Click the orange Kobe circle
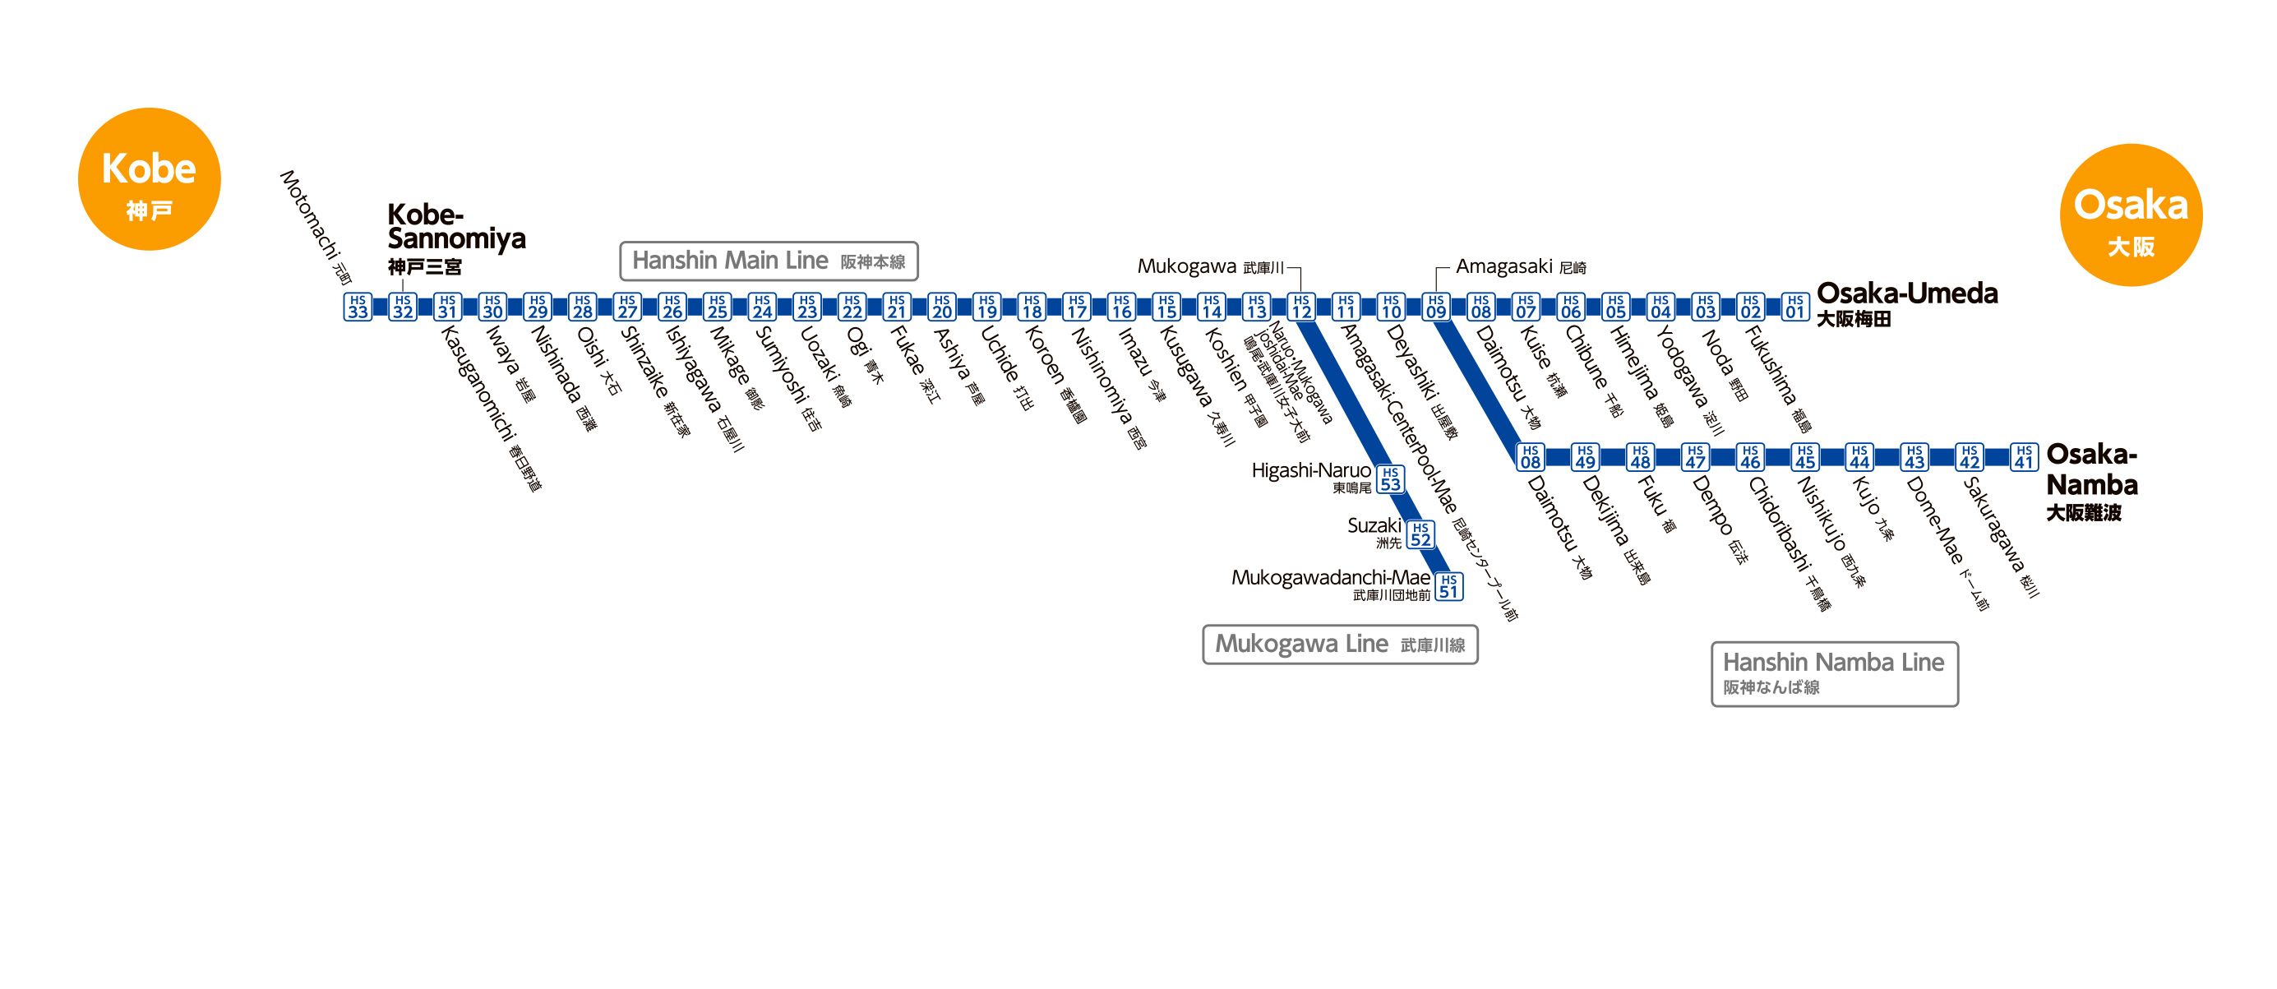pyautogui.click(x=149, y=179)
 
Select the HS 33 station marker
pyautogui.click(x=357, y=307)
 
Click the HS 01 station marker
pyautogui.click(x=1794, y=307)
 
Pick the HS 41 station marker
pyautogui.click(x=2024, y=457)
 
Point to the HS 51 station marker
pyautogui.click(x=1448, y=587)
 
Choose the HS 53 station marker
pyautogui.click(x=1390, y=479)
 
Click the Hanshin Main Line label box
pyautogui.click(x=768, y=261)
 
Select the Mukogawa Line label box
pyautogui.click(x=1339, y=645)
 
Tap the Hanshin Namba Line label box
pyautogui.click(x=1834, y=673)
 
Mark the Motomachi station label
pyautogui.click(x=315, y=226)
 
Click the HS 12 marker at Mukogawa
pyautogui.click(x=1301, y=307)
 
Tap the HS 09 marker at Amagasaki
pyautogui.click(x=1435, y=307)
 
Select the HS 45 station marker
pyautogui.click(x=1805, y=457)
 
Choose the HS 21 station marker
pyautogui.click(x=897, y=307)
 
